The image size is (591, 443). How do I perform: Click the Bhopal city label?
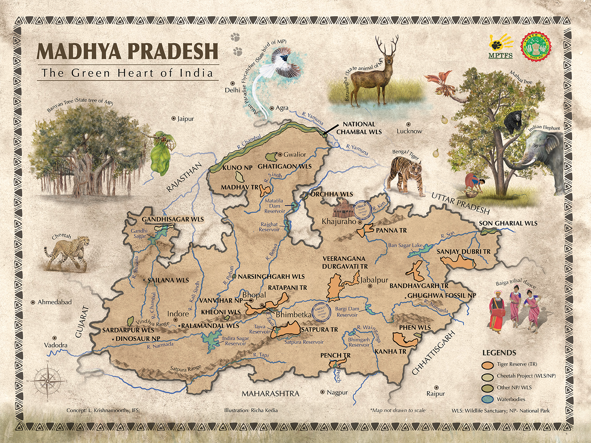tap(254, 295)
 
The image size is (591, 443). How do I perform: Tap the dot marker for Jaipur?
tap(174, 119)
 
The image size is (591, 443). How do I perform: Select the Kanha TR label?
tap(390, 351)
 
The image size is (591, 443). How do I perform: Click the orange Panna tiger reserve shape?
tap(365, 230)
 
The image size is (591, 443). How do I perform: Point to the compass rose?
tap(47, 380)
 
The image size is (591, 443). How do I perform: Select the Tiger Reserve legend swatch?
tap(488, 364)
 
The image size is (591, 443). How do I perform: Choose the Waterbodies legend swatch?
tap(488, 399)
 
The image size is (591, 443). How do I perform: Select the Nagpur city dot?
tap(323, 392)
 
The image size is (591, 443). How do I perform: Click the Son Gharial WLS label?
tap(508, 223)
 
